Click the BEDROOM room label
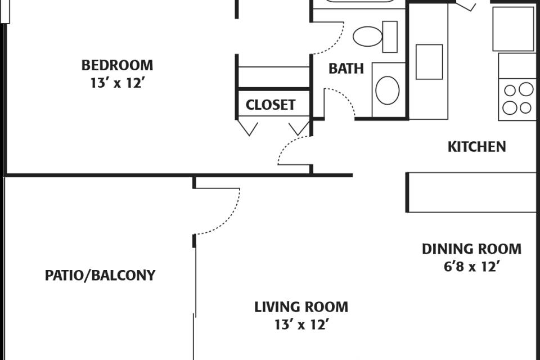coord(117,65)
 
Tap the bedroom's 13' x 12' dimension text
coord(117,83)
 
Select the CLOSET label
coord(271,105)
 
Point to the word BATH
coord(346,69)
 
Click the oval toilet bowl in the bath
coord(367,36)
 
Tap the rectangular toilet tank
coord(390,37)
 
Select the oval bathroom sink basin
coord(388,90)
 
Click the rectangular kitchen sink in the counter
coord(429,62)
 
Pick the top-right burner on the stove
coord(526,89)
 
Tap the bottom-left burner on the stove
coord(510,108)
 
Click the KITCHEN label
coord(476,147)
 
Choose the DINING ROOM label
coord(471,249)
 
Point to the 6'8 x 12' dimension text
coord(471,267)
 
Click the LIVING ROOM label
coord(301,307)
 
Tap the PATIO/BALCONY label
coord(100,275)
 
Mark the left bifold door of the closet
coord(248,127)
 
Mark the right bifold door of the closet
coord(299,127)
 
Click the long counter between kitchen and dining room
coord(472,192)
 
